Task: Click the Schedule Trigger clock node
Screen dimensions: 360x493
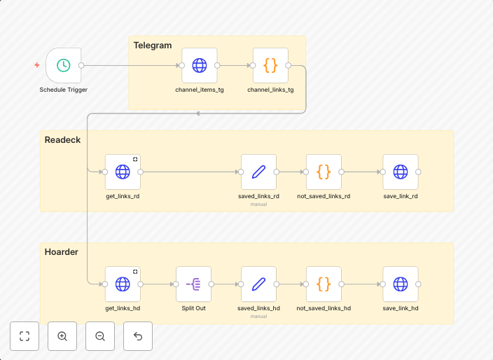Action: tap(63, 65)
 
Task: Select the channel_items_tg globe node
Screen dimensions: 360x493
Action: tap(200, 65)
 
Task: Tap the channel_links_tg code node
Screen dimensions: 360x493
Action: tap(270, 65)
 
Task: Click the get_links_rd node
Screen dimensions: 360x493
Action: tap(123, 172)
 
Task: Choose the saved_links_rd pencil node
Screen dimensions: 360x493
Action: tap(258, 172)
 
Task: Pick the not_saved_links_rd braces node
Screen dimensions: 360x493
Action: tap(324, 172)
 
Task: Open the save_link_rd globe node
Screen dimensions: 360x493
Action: tap(401, 172)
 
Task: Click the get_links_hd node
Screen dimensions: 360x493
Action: tap(123, 284)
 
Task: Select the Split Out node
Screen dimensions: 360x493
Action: tap(194, 284)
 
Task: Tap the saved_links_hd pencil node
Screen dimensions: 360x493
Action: tap(258, 284)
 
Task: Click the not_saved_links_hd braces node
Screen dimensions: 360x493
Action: tap(324, 284)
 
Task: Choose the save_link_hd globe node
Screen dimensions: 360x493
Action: tap(401, 284)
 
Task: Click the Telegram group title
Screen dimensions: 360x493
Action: tap(153, 46)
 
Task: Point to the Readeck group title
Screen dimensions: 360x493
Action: tap(62, 140)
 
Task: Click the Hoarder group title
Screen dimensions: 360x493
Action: tap(62, 252)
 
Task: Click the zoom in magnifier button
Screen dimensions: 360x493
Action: tap(62, 336)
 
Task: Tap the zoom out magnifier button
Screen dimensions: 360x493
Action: tap(100, 336)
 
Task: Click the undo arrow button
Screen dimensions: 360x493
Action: tap(138, 336)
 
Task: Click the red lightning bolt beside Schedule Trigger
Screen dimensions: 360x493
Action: tap(37, 65)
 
